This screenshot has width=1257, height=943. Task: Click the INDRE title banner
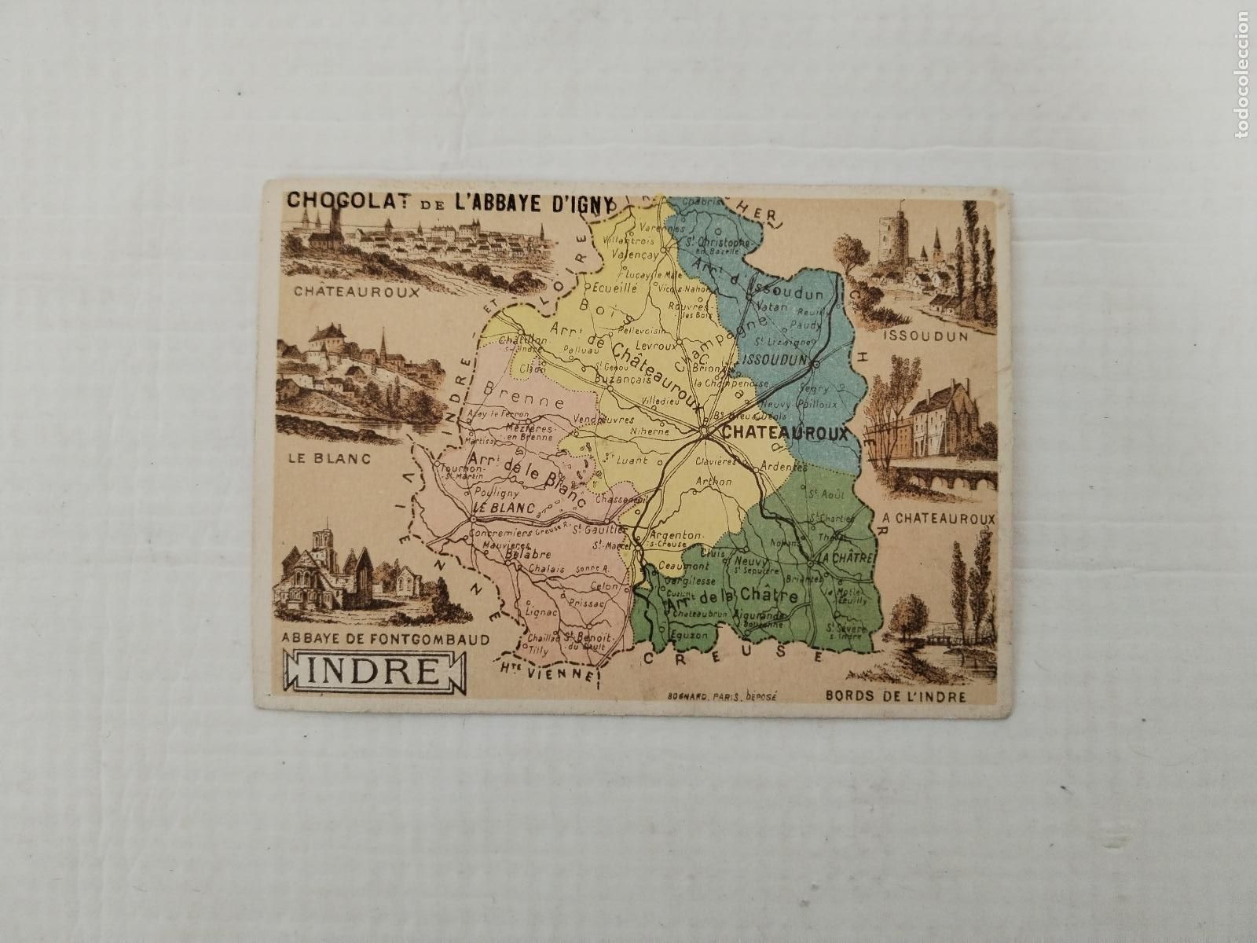(x=372, y=673)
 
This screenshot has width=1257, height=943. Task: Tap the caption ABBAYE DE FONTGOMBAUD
(x=380, y=639)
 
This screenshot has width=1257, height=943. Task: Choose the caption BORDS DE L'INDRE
(x=896, y=696)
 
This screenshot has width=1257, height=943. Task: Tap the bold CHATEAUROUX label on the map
(x=784, y=432)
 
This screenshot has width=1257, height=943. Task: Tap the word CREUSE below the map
(x=733, y=654)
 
